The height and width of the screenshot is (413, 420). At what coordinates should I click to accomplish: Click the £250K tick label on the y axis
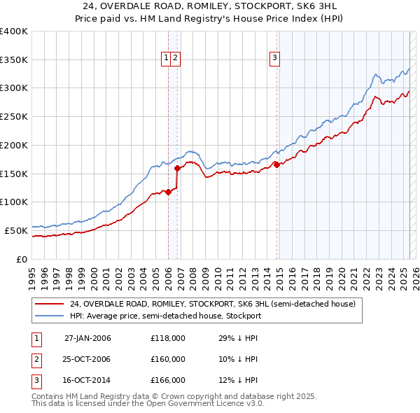(14, 117)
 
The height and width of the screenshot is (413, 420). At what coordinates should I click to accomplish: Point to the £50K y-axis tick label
(16, 230)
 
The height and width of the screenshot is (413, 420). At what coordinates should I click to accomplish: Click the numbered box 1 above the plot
(167, 58)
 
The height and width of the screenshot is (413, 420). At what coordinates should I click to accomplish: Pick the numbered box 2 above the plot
(176, 58)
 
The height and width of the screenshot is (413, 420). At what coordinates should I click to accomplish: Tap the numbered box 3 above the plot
(275, 58)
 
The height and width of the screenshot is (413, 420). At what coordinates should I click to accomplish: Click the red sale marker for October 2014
(276, 164)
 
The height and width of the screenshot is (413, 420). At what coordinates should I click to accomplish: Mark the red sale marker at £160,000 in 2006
(178, 168)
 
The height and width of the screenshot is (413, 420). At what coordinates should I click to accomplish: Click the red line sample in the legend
(50, 304)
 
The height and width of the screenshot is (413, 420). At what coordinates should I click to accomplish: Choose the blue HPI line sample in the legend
(50, 316)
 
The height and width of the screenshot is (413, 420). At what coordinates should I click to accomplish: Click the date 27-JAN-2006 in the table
(87, 338)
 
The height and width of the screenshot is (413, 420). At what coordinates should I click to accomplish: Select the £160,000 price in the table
(168, 359)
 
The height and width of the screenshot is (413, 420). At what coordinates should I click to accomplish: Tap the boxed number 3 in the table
(36, 380)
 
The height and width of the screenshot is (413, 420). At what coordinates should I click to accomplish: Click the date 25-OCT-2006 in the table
(87, 359)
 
